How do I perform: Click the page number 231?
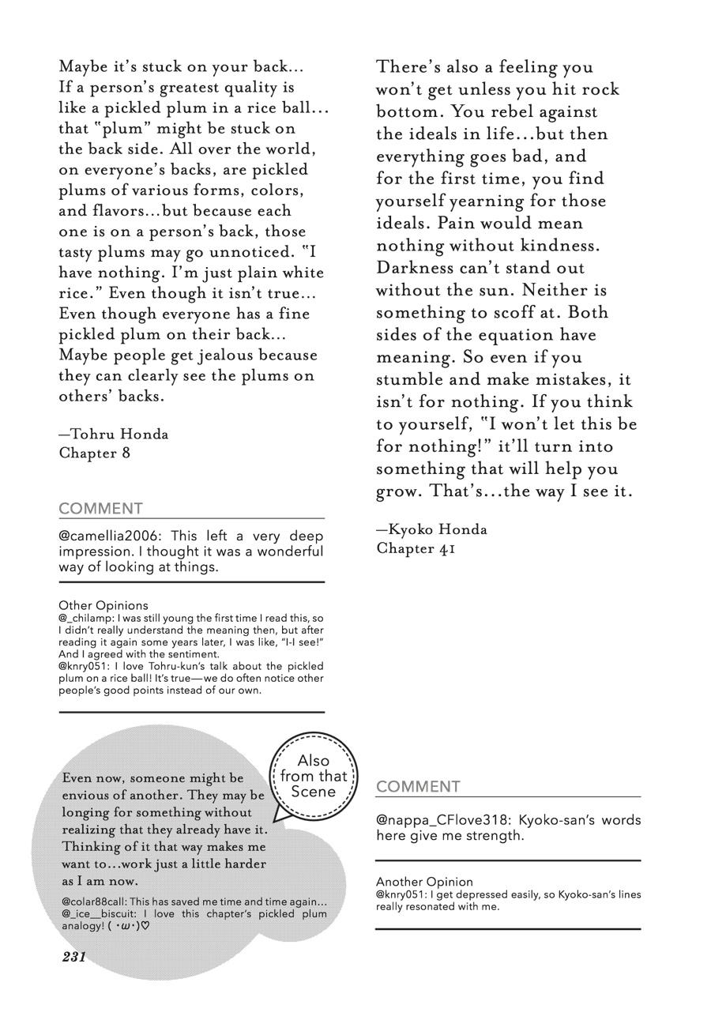73,957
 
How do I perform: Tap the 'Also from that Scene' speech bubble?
313,776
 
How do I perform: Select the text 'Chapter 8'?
94,453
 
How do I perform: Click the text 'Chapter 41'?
416,548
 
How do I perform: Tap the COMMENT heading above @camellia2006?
100,509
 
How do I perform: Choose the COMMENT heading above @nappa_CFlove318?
418,787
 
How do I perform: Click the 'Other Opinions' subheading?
103,605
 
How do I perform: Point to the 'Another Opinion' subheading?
424,882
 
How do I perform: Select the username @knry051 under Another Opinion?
397,894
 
